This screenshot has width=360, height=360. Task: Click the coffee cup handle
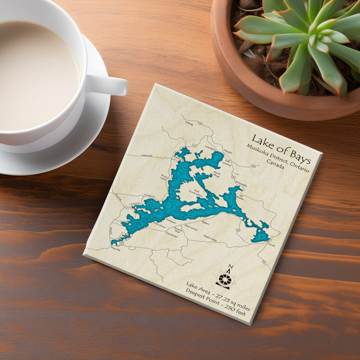click(110, 85)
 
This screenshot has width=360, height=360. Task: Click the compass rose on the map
click(224, 279)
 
